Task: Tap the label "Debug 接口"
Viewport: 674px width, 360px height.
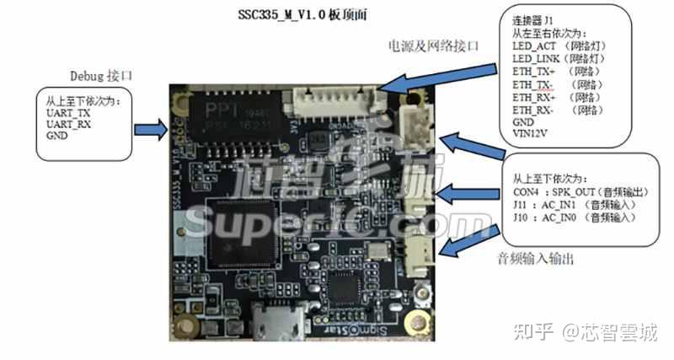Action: [x=104, y=76]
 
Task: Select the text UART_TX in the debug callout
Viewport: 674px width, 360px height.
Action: [x=69, y=112]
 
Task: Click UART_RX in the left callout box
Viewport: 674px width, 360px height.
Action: [x=69, y=124]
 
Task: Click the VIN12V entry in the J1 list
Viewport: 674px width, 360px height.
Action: [x=533, y=133]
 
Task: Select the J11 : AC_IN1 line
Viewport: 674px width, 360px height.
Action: [x=569, y=204]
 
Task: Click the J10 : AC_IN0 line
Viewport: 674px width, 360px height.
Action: [x=569, y=218]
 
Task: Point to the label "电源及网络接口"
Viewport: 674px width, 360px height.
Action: [x=433, y=46]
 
